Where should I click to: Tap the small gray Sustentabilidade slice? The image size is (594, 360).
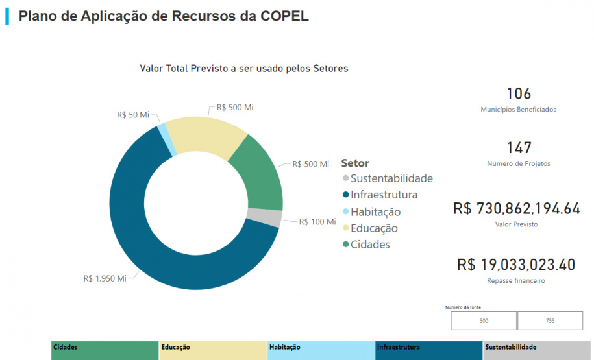point(273,218)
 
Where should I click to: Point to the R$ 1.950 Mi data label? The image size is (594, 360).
point(105,278)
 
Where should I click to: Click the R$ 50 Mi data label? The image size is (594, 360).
point(133,115)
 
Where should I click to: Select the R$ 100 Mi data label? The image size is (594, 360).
point(317,222)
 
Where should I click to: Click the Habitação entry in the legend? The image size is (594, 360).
point(375,211)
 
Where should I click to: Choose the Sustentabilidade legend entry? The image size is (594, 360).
point(391,178)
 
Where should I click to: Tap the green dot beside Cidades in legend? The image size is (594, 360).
point(345,245)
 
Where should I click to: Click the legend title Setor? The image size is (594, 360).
point(355,163)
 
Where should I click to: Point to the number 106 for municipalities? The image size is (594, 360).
point(519,93)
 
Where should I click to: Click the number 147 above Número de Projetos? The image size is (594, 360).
point(519,148)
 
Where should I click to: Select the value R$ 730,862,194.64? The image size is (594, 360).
point(517,209)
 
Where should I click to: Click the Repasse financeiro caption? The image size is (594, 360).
point(516,281)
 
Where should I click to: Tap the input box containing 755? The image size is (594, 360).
point(550,320)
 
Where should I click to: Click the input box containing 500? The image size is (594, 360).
point(484,320)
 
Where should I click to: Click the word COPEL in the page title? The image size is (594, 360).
point(283,16)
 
